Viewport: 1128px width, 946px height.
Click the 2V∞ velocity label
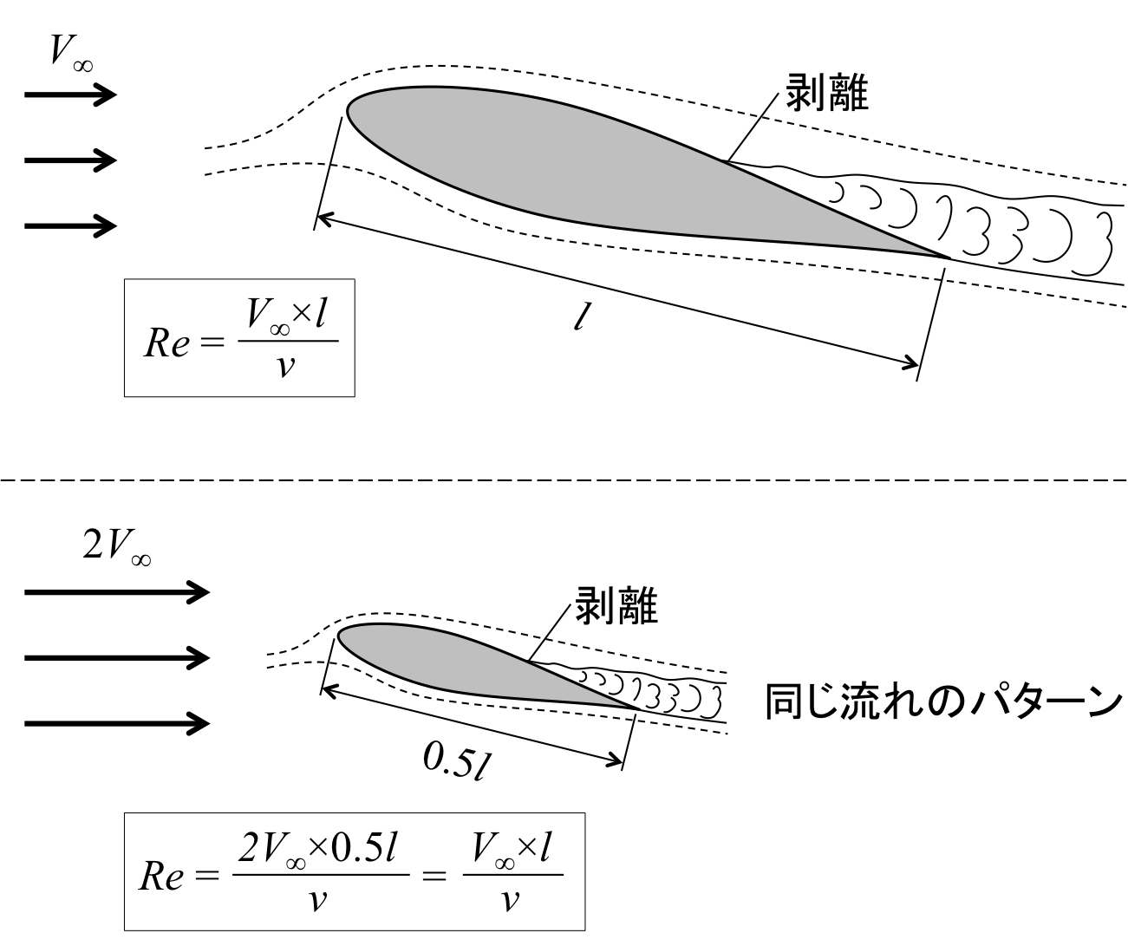click(x=116, y=546)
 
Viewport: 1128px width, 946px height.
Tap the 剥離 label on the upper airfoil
click(x=826, y=93)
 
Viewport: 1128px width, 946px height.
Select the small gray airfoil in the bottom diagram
click(x=460, y=663)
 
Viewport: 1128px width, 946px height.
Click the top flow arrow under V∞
click(x=70, y=95)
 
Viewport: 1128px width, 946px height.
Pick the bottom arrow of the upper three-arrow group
click(x=70, y=226)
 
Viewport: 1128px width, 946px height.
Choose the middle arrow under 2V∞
click(x=117, y=658)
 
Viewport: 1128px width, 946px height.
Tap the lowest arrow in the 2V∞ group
click(x=117, y=722)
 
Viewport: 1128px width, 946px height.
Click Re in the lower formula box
click(x=162, y=877)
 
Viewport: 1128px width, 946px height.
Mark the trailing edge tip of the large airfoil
click(x=949, y=258)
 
